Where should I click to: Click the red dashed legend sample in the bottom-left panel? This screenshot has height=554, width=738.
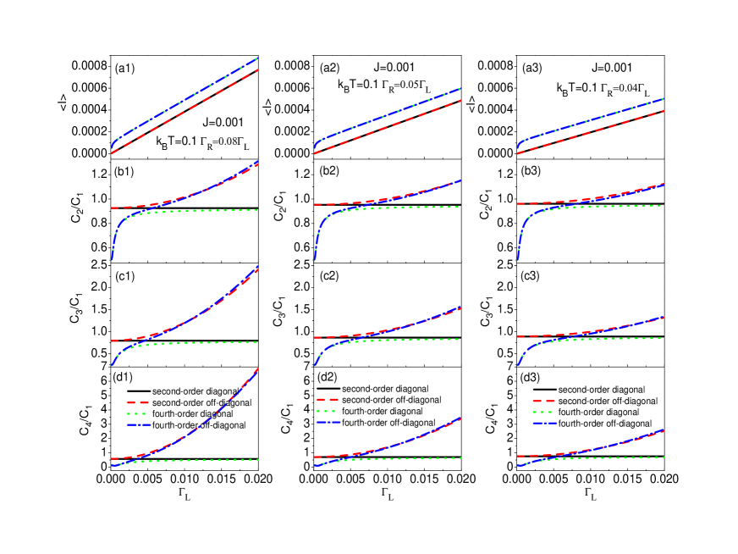138,402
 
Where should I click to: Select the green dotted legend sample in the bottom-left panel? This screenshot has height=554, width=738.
138,413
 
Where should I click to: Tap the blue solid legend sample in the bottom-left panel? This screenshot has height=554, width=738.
138,424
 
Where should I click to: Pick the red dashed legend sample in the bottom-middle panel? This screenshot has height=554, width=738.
328,399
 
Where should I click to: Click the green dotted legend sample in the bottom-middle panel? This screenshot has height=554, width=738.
328,411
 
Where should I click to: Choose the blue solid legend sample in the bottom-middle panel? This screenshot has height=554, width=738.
328,422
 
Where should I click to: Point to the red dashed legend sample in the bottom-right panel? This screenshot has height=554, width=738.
544,401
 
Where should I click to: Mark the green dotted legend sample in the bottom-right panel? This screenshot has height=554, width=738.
544,412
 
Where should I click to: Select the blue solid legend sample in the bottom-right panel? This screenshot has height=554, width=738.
544,423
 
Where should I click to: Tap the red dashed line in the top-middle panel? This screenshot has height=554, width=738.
389,126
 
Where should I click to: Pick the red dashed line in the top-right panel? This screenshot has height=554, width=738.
592,131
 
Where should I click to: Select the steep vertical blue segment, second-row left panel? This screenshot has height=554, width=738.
113,247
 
